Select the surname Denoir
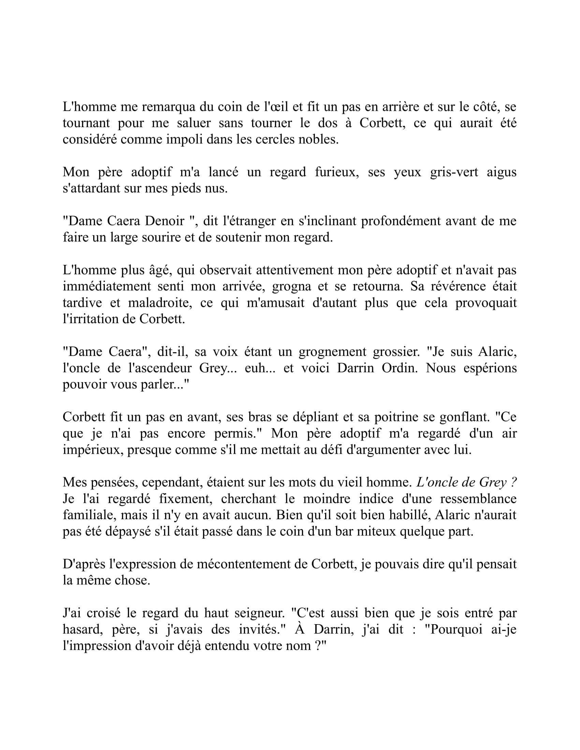tap(164, 221)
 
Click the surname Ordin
tap(401, 368)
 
